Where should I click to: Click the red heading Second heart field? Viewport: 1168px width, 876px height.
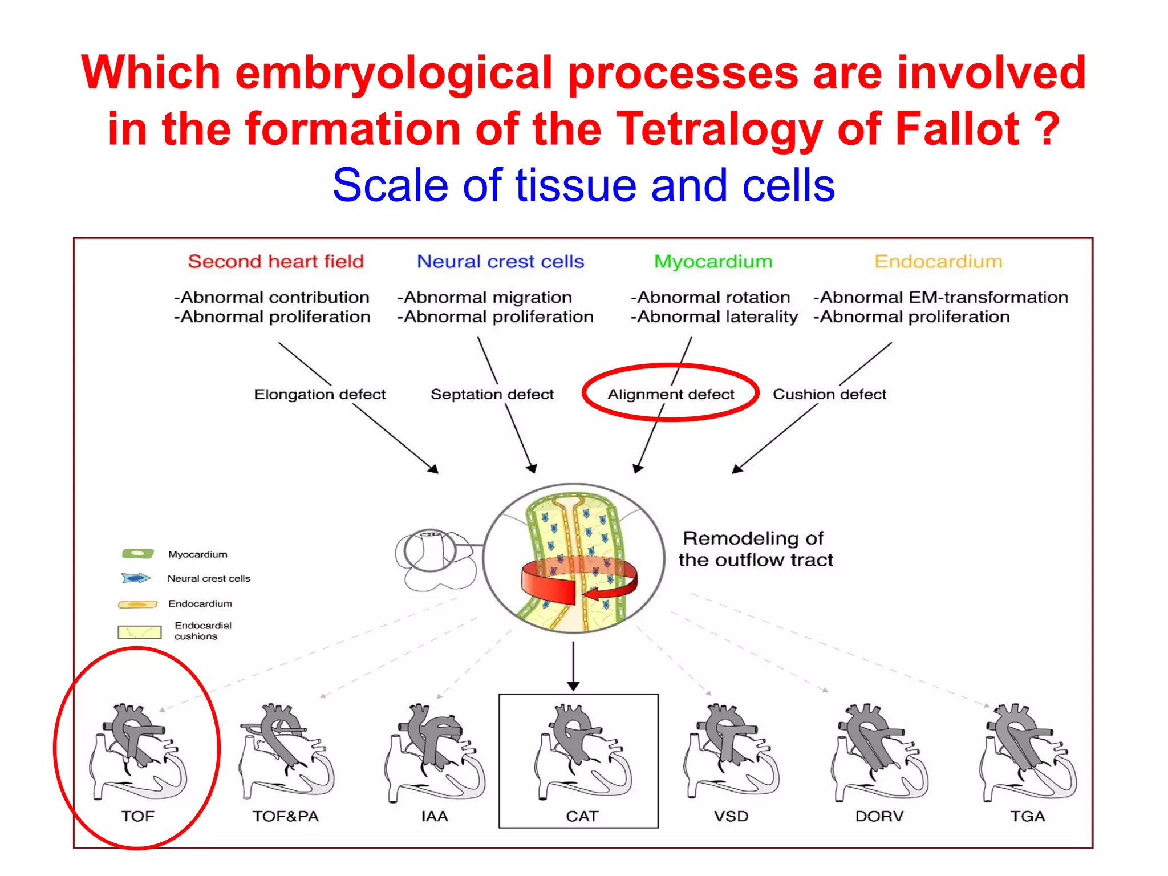pos(275,261)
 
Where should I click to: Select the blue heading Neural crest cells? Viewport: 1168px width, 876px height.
pos(500,261)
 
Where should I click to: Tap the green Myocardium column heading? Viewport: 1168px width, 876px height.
pos(713,261)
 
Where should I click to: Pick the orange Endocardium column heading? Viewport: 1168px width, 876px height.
pos(938,261)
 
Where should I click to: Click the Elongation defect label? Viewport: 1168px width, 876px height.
pos(319,394)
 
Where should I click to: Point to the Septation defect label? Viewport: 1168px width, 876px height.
pos(492,394)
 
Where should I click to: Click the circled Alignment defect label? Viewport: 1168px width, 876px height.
pos(671,394)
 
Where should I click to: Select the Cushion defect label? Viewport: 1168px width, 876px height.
pos(829,394)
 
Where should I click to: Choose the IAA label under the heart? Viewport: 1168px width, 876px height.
pos(435,816)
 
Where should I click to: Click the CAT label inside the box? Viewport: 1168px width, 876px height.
pos(582,816)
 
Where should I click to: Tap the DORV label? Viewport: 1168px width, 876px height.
pos(879,816)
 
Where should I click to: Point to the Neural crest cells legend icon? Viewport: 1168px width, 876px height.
pos(136,578)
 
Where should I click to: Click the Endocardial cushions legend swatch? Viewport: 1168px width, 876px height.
pos(139,631)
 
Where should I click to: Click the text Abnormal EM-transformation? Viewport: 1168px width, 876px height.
pos(941,297)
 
